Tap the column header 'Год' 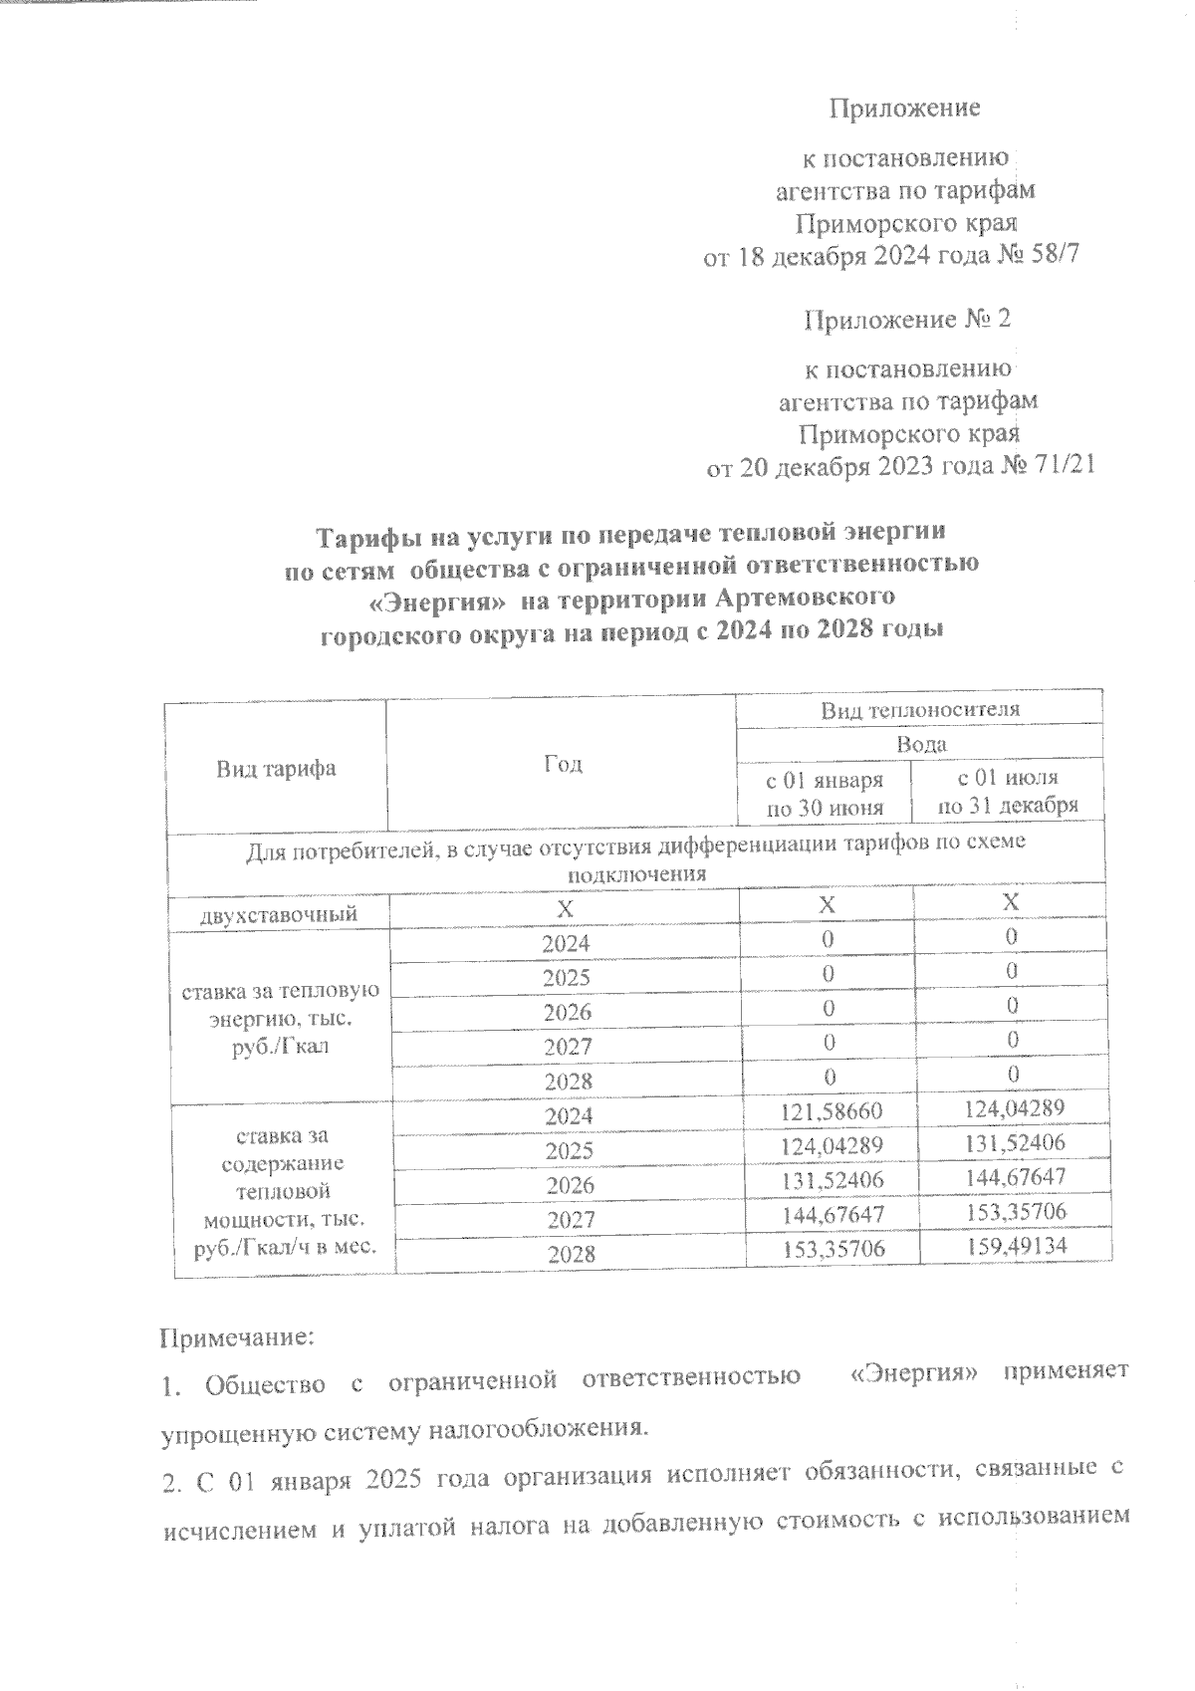[x=563, y=764]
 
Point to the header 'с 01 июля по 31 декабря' [x=1008, y=791]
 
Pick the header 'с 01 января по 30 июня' [x=825, y=793]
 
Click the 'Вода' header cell [x=920, y=743]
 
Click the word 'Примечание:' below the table [x=237, y=1336]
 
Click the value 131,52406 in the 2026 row [x=826, y=1180]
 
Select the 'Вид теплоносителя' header [x=920, y=709]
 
